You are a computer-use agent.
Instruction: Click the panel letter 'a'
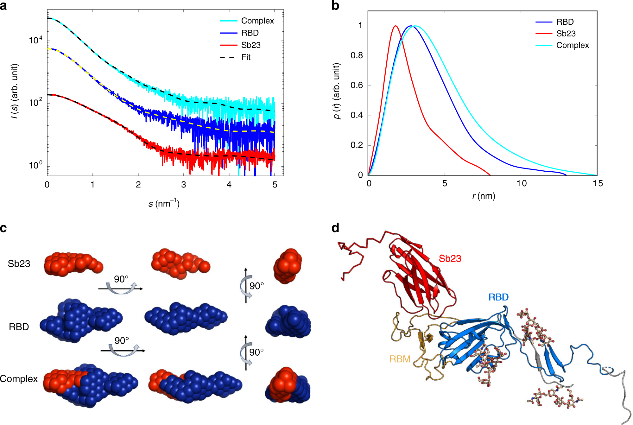tap(3, 6)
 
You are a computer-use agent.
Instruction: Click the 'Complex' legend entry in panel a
tap(257, 21)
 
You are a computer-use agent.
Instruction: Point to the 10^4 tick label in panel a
tap(35, 40)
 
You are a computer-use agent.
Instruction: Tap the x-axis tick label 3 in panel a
tap(183, 185)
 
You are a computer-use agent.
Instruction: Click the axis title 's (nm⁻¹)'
tap(164, 203)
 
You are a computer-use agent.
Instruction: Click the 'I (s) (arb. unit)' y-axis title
tap(15, 92)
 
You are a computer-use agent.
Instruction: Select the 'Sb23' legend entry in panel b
tap(566, 34)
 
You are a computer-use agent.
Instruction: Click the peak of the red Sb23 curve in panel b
tap(395, 26)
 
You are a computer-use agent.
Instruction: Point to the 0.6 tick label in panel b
tap(357, 86)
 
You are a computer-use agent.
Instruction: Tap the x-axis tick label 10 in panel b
tap(521, 184)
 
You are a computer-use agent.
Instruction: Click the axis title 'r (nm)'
tap(483, 196)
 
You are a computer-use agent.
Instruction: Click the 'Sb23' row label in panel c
tap(19, 264)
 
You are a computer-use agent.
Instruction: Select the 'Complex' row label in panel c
tap(19, 379)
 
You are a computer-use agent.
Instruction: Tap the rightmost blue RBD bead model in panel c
tap(288, 322)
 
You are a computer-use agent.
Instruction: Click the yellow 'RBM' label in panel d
tap(400, 359)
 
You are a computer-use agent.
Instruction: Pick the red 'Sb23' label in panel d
tap(450, 259)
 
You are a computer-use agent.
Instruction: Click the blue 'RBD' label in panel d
tap(498, 297)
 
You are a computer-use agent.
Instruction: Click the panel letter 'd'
tap(335, 228)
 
